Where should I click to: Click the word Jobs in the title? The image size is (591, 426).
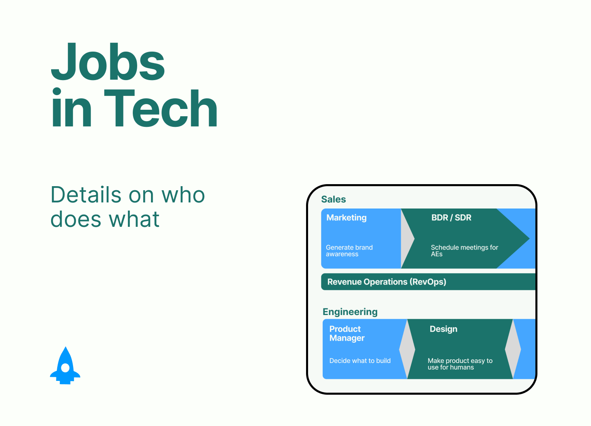pyautogui.click(x=108, y=61)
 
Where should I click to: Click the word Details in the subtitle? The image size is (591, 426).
pyautogui.click(x=86, y=195)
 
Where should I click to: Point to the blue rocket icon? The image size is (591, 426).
pyautogui.click(x=65, y=365)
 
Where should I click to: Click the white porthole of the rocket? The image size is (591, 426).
pyautogui.click(x=65, y=367)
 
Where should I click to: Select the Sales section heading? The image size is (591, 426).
pyautogui.click(x=334, y=199)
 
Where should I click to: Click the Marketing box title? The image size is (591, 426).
pyautogui.click(x=346, y=217)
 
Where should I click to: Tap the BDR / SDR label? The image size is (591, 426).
pyautogui.click(x=451, y=217)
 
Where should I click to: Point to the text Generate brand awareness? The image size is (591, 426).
pyautogui.click(x=349, y=251)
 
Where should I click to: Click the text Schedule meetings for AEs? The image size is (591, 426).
pyautogui.click(x=464, y=251)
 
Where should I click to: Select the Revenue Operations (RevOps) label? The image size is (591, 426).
pyautogui.click(x=387, y=282)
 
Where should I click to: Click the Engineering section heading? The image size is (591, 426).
pyautogui.click(x=350, y=312)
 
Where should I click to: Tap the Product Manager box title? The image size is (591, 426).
pyautogui.click(x=347, y=333)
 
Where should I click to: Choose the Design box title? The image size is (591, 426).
pyautogui.click(x=444, y=329)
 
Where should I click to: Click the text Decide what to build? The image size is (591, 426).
pyautogui.click(x=360, y=361)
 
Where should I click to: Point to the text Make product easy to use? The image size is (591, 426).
pyautogui.click(x=460, y=364)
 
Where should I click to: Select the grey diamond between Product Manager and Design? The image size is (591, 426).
pyautogui.click(x=407, y=349)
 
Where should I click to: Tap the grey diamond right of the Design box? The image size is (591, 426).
pyautogui.click(x=513, y=349)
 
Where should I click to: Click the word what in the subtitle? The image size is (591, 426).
pyautogui.click(x=134, y=219)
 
